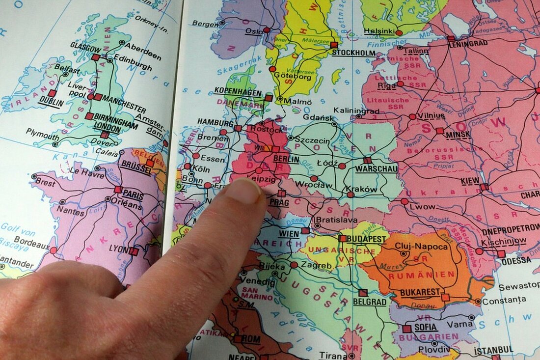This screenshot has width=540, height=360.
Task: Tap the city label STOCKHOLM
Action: point(354,53)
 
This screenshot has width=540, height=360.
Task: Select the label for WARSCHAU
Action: point(377,169)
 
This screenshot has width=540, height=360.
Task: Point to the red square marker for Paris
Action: point(118,189)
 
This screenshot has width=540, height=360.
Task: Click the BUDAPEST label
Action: point(366,239)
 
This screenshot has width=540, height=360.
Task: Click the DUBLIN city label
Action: point(52,103)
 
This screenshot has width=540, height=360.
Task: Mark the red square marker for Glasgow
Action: point(95,57)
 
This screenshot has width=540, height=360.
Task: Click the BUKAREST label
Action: point(420,292)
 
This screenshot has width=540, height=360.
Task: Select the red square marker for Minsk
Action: point(440,131)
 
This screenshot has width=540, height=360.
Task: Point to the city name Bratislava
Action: point(336,220)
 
